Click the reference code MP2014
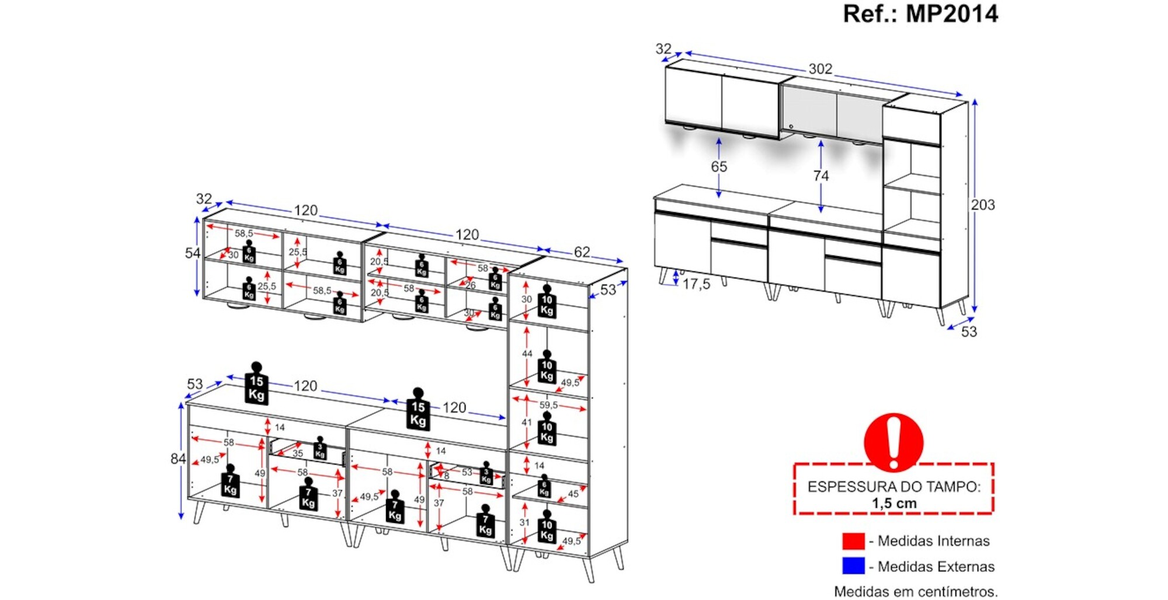(x=951, y=13)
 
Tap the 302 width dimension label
(x=820, y=69)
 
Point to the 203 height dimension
(x=983, y=205)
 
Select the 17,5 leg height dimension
(x=696, y=284)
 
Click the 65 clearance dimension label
(x=719, y=167)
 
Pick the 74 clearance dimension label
(x=821, y=176)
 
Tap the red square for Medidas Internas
(x=853, y=541)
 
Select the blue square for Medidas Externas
(x=853, y=566)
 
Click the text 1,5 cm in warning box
(x=894, y=503)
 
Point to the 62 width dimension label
(x=582, y=252)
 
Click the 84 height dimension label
(x=178, y=459)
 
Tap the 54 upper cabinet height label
(x=192, y=253)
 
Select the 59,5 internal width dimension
(x=548, y=405)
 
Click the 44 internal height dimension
(x=527, y=354)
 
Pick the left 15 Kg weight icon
(x=256, y=383)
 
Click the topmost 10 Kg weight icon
(x=547, y=302)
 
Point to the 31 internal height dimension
(x=524, y=522)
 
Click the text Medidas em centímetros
(x=915, y=591)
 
